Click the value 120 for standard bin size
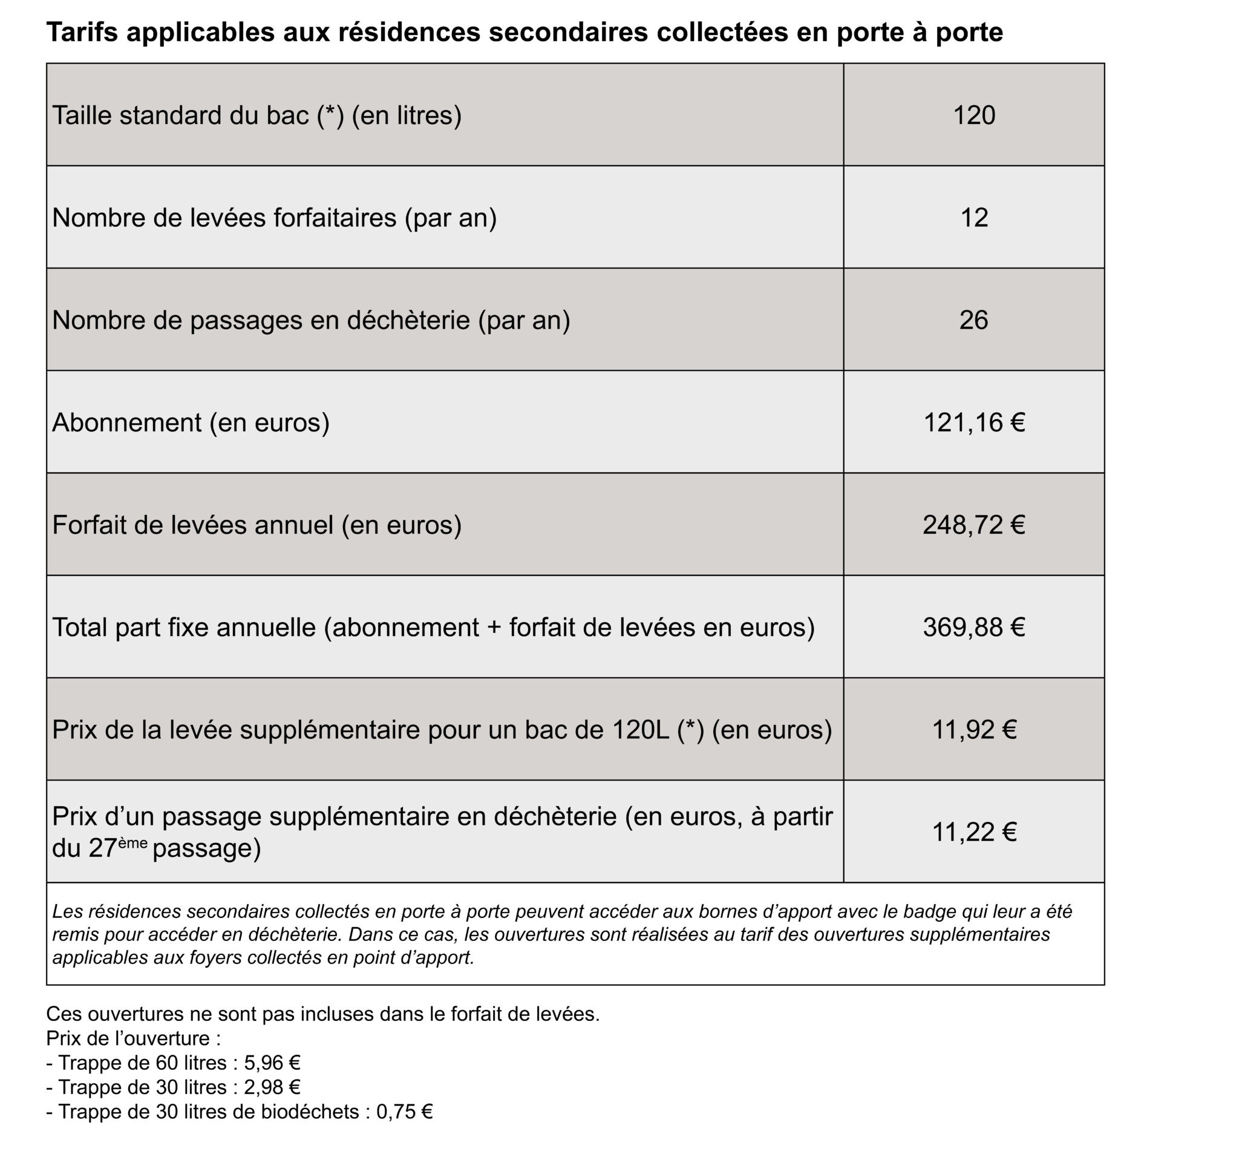974,115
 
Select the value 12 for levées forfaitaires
974,218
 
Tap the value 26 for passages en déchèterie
974,320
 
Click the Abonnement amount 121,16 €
974,423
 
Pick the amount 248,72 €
974,525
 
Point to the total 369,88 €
974,627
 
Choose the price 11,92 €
974,729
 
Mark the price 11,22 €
974,832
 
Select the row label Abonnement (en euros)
191,423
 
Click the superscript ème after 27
132,842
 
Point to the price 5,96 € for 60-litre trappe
273,1062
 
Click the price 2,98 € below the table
273,1087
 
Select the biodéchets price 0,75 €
404,1112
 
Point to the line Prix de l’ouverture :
133,1038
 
